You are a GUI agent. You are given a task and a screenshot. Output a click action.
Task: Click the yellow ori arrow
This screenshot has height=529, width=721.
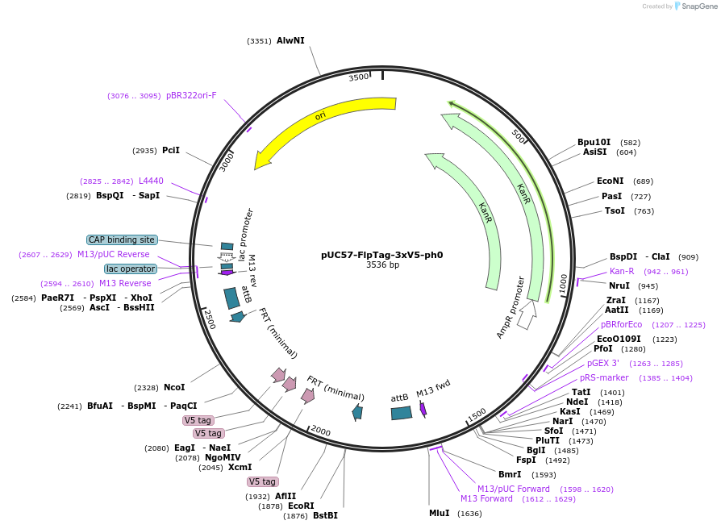(x=317, y=119)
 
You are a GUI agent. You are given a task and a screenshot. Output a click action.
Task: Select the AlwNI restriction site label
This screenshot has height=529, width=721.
(x=290, y=40)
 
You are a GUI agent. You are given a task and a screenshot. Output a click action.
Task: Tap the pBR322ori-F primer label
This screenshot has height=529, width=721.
(x=191, y=96)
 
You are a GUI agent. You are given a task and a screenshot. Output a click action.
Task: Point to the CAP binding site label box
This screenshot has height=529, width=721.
(x=122, y=240)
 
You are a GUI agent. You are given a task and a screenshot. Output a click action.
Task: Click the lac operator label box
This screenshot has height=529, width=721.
(x=131, y=269)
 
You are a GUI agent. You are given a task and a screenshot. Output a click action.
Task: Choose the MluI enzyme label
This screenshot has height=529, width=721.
(x=439, y=513)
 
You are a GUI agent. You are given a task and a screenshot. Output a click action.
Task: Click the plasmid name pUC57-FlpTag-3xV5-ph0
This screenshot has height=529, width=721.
(x=381, y=255)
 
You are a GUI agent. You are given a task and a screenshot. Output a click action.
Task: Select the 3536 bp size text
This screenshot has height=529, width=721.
(x=382, y=264)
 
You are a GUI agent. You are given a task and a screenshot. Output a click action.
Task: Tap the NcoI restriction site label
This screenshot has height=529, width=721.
(x=174, y=387)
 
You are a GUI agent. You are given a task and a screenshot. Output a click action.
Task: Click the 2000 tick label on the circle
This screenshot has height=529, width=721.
(x=320, y=431)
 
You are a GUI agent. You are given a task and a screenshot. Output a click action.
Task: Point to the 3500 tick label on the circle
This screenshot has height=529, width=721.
(x=359, y=77)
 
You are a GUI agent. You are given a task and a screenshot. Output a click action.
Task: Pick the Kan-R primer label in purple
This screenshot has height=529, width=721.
(x=622, y=271)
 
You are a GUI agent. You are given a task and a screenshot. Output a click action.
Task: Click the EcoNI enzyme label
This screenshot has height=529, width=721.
(x=611, y=181)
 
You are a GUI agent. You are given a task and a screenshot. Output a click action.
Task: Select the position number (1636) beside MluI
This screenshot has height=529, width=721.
(x=469, y=514)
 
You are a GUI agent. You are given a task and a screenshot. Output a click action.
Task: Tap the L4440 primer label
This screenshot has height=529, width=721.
(x=151, y=181)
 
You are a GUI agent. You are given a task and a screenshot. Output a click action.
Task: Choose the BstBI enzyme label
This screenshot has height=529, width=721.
(x=325, y=515)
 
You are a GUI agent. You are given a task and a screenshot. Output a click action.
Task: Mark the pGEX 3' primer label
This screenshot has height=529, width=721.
(x=602, y=363)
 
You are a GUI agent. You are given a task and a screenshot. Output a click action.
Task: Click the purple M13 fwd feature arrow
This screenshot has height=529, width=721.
(x=423, y=409)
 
